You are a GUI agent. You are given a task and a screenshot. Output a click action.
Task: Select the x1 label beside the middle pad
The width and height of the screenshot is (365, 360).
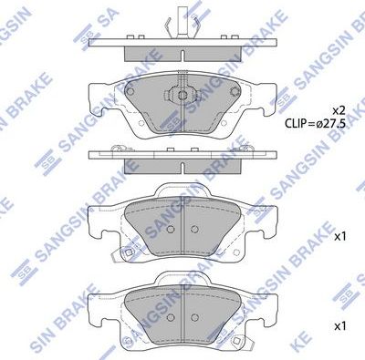pyautogui.click(x=340, y=236)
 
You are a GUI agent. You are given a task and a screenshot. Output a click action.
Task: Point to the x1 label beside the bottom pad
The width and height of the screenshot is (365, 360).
pyautogui.click(x=340, y=325)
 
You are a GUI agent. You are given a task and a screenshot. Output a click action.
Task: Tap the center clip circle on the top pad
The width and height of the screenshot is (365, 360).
pyautogui.click(x=182, y=93)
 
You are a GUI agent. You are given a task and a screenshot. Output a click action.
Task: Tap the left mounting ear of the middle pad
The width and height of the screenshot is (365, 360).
pyautogui.click(x=96, y=219)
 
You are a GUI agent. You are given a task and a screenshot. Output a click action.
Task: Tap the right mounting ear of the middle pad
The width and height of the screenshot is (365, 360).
pyautogui.click(x=271, y=219)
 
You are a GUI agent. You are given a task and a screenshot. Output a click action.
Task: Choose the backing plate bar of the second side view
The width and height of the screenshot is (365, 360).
pyautogui.click(x=182, y=155)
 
